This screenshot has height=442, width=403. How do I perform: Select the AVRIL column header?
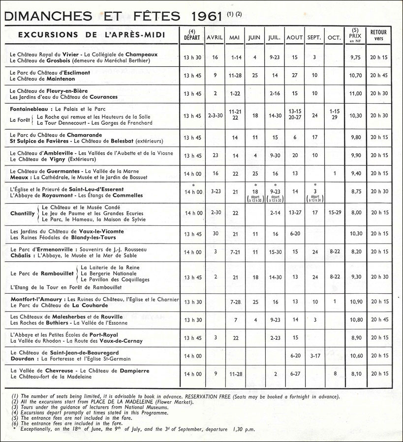point(215,38)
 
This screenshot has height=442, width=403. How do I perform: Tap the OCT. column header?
point(334,38)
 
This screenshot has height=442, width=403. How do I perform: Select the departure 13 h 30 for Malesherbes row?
point(192,319)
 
